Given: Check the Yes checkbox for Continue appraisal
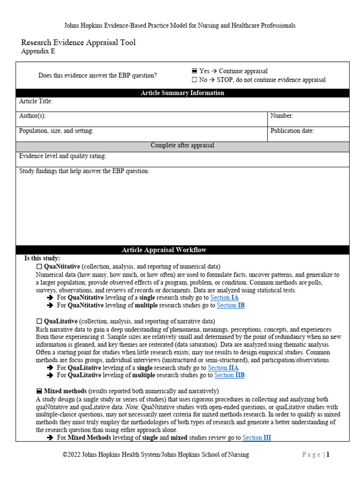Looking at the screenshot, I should click(194, 71).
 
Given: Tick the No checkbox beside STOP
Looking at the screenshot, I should click(194, 80).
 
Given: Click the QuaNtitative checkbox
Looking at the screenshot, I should click(39, 266).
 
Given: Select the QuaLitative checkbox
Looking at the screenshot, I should click(39, 321).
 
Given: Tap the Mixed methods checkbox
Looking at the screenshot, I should click(39, 391).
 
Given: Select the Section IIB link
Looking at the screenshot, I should click(229, 375).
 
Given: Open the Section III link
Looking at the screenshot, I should click(256, 437).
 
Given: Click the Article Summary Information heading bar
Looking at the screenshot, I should click(182, 93).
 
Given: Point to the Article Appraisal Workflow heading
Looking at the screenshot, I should click(182, 250).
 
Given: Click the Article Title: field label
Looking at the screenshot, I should click(36, 101).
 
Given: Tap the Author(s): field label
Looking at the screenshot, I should click(32, 116).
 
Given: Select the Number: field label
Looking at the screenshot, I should click(282, 116).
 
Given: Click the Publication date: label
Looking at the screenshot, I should click(292, 131).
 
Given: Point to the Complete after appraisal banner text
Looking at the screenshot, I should click(182, 145).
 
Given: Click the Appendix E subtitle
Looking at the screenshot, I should click(38, 52).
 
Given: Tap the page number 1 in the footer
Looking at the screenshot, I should click(328, 455).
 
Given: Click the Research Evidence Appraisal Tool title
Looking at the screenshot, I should click(78, 42).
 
